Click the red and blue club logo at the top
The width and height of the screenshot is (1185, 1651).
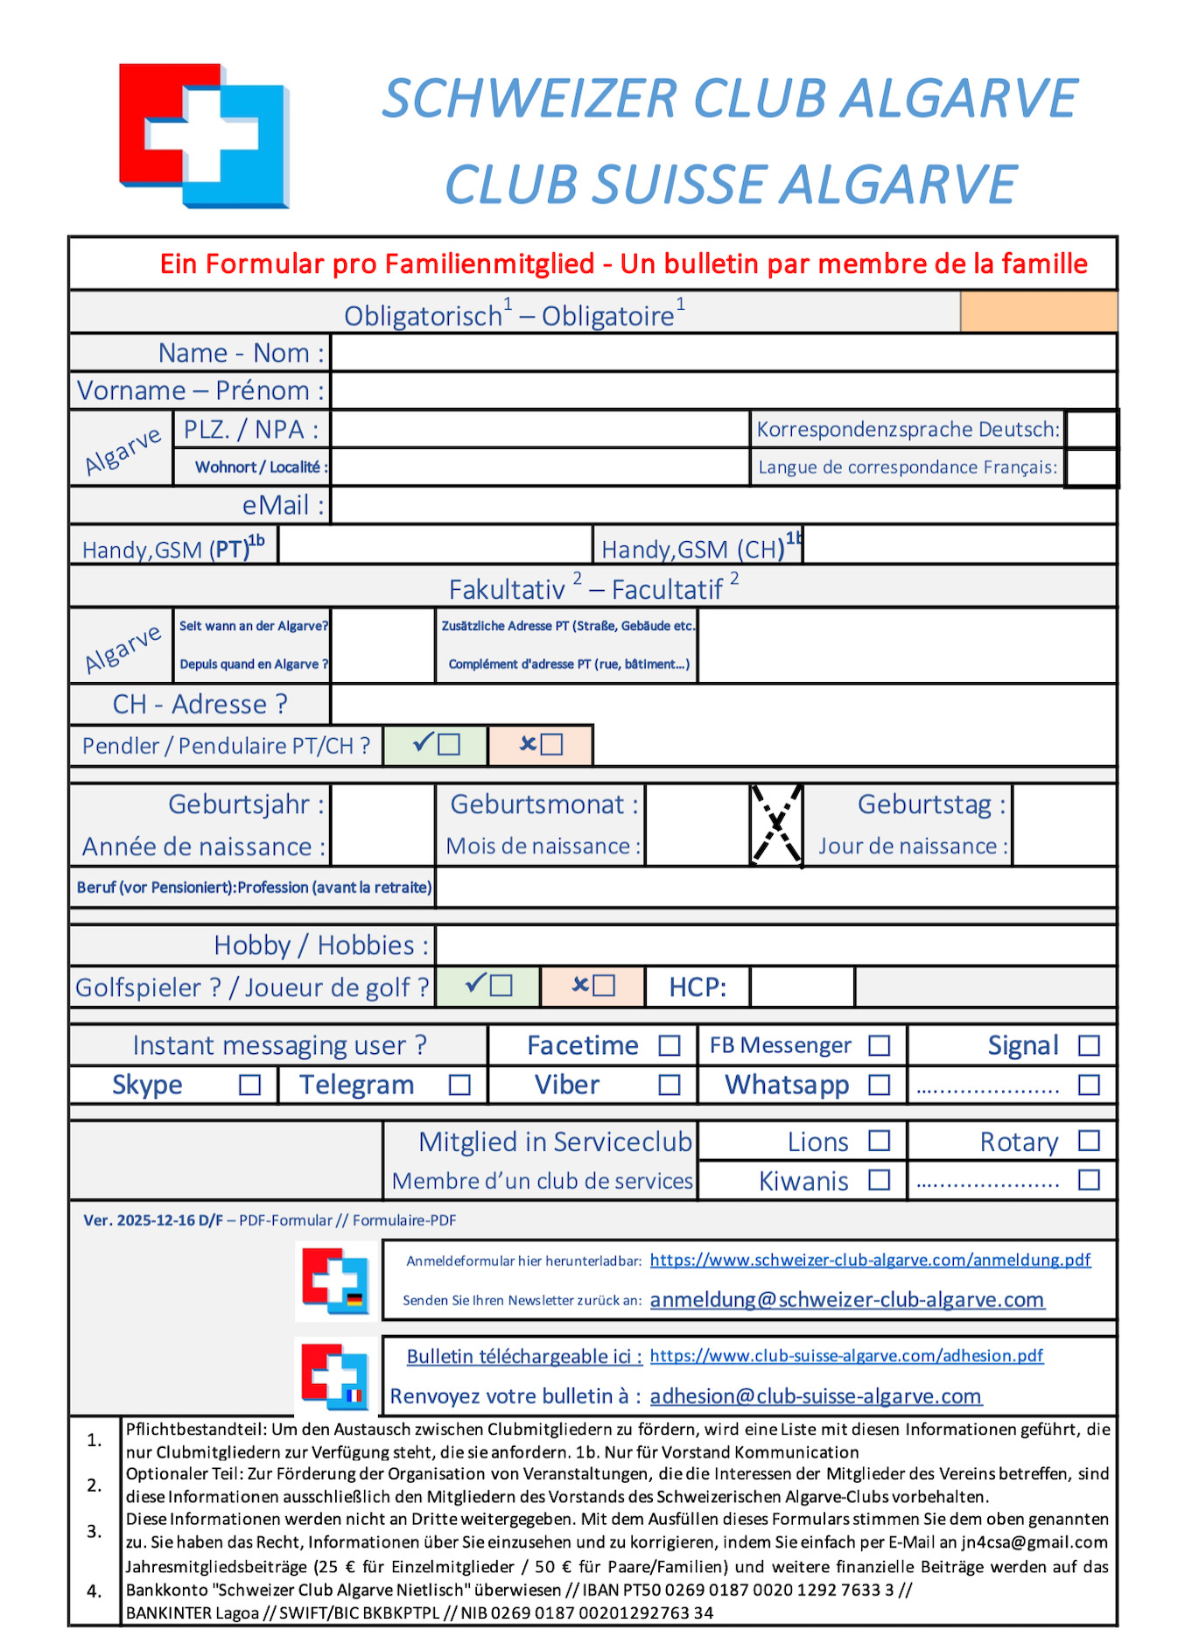click(x=204, y=135)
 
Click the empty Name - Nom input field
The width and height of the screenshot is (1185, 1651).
click(x=723, y=353)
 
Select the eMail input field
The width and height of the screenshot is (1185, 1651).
click(x=723, y=505)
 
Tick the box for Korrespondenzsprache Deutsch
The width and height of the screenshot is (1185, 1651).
click(x=1091, y=429)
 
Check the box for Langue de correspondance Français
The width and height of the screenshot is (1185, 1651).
click(x=1091, y=467)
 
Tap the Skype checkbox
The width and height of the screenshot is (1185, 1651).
click(x=250, y=1085)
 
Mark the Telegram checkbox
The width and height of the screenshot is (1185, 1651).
click(x=459, y=1085)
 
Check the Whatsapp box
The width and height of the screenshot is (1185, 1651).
click(x=880, y=1085)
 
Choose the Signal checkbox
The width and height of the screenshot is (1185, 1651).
click(x=1089, y=1045)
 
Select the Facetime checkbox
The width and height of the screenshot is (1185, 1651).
click(x=670, y=1045)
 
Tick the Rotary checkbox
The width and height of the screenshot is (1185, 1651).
click(x=1089, y=1141)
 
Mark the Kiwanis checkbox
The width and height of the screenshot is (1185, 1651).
click(x=880, y=1180)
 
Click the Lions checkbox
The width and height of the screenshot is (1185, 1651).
click(x=880, y=1141)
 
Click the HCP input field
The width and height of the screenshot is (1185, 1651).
click(x=802, y=987)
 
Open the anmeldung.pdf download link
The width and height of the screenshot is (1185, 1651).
click(x=870, y=1260)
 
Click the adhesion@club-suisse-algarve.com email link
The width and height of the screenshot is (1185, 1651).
click(x=816, y=1396)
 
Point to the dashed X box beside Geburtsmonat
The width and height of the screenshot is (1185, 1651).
click(x=776, y=825)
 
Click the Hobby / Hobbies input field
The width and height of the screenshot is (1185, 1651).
click(x=775, y=945)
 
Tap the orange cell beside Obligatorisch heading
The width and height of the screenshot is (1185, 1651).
click(x=1039, y=312)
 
